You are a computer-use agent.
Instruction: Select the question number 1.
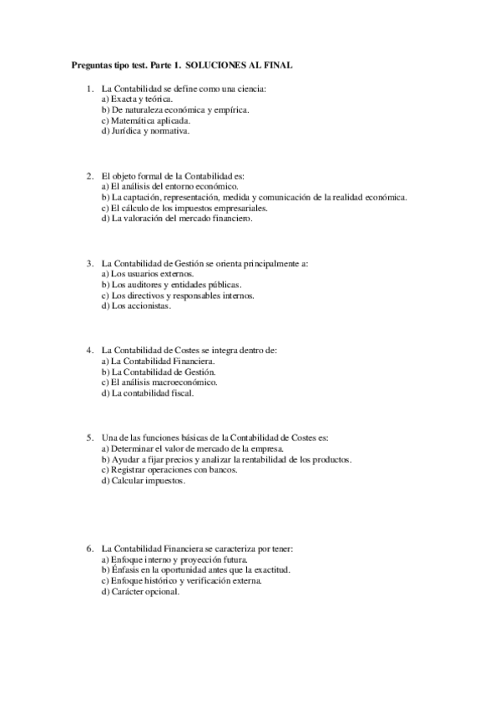point(89,88)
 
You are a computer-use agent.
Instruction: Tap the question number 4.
point(89,350)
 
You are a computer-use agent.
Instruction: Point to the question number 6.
point(89,549)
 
